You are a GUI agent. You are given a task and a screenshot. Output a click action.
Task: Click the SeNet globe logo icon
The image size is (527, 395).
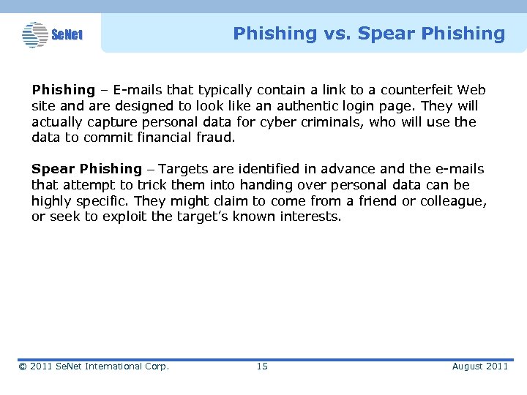[x=34, y=34]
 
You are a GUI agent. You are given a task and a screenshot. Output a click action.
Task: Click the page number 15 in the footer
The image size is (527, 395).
[x=262, y=366]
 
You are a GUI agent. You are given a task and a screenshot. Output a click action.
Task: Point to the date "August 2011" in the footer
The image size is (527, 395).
[x=479, y=366]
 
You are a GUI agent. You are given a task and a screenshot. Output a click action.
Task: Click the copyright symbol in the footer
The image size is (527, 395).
[x=23, y=366]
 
